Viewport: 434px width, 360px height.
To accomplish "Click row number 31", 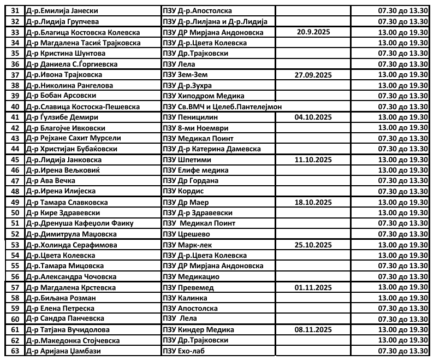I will click(15, 11).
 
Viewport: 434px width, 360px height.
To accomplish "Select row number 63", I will click(15, 351).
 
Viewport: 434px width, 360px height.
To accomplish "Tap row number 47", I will click(15, 181).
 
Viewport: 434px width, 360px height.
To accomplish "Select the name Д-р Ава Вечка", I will click(50, 181).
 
